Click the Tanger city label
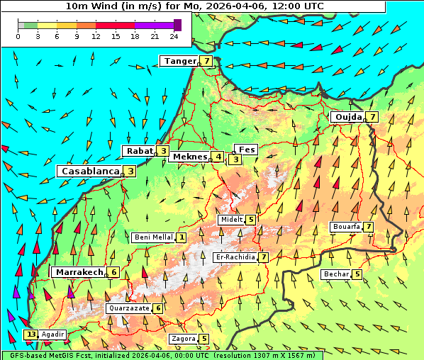(179, 61)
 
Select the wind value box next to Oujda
(372, 117)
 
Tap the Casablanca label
(89, 171)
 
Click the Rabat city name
(139, 151)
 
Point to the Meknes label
(189, 157)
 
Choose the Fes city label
(247, 150)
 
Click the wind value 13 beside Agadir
(30, 334)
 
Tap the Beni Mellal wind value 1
(182, 237)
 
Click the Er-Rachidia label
(235, 257)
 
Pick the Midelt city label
(231, 220)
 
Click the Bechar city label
(336, 274)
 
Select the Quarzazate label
(128, 308)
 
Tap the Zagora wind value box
(204, 339)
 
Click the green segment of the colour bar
(30, 25)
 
